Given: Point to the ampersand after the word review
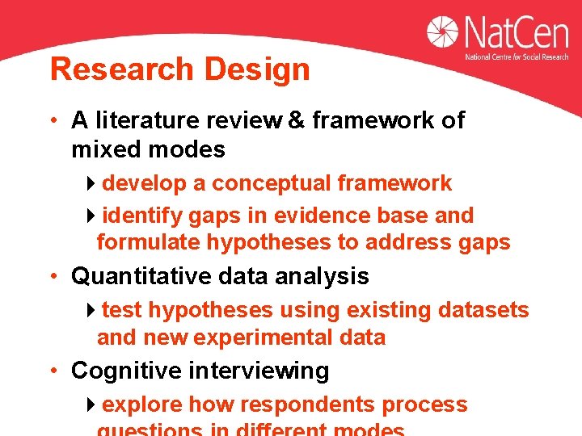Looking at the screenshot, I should (296, 120).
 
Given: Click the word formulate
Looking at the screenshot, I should (149, 242).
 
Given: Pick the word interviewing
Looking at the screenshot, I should (259, 371).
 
